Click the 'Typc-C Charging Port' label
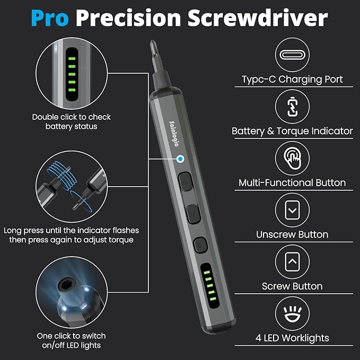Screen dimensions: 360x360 (292, 80)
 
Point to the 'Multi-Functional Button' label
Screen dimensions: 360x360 (292, 183)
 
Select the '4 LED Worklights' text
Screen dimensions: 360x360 (292, 338)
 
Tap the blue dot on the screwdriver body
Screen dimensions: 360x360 (180, 159)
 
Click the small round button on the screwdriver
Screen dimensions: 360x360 (199, 244)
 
